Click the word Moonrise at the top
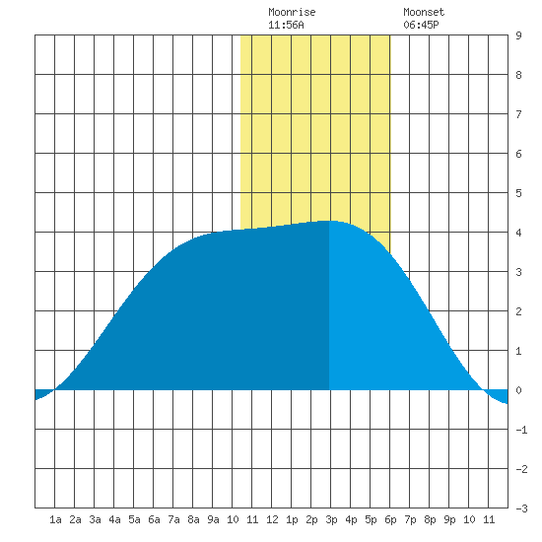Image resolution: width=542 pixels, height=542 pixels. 292,13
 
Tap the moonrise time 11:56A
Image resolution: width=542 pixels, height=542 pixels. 286,25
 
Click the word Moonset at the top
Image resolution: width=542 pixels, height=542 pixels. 424,13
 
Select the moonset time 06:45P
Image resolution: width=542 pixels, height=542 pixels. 421,25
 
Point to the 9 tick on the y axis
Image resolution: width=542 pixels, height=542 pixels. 518,35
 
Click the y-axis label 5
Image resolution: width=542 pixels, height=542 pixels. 518,193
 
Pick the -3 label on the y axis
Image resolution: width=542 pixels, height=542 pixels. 521,508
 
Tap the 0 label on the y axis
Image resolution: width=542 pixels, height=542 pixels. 518,390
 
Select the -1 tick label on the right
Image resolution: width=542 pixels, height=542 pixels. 521,430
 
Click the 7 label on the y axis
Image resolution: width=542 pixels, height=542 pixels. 518,114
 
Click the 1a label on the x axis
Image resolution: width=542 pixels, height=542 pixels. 55,519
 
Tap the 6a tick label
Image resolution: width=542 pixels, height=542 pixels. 154,519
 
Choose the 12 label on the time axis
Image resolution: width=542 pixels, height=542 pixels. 272,519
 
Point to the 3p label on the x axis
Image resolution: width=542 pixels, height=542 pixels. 331,519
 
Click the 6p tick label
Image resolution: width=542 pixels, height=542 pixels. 390,519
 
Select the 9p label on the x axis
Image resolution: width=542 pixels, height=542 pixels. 449,519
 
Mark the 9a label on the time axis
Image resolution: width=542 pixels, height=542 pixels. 213,519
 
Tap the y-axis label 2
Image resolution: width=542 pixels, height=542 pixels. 518,311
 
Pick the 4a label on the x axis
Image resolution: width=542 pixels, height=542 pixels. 114,519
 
